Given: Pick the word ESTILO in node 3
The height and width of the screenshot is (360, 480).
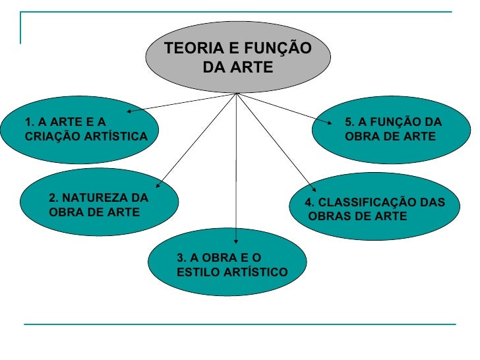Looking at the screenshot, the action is pyautogui.click(x=197, y=272).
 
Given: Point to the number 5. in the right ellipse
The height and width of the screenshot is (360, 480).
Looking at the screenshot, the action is pyautogui.click(x=349, y=122).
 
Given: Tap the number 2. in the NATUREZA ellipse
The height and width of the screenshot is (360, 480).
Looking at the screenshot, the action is pyautogui.click(x=54, y=198).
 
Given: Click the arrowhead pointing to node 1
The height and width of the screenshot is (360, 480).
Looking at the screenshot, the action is pyautogui.click(x=130, y=112).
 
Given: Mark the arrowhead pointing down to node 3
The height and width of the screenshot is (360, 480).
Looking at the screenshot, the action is pyautogui.click(x=237, y=241).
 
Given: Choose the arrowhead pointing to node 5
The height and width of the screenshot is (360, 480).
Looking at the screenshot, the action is pyautogui.click(x=331, y=119).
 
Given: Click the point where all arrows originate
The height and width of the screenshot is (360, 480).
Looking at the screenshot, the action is pyautogui.click(x=236, y=94).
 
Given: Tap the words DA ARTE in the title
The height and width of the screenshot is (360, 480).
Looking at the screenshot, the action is pyautogui.click(x=237, y=67).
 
